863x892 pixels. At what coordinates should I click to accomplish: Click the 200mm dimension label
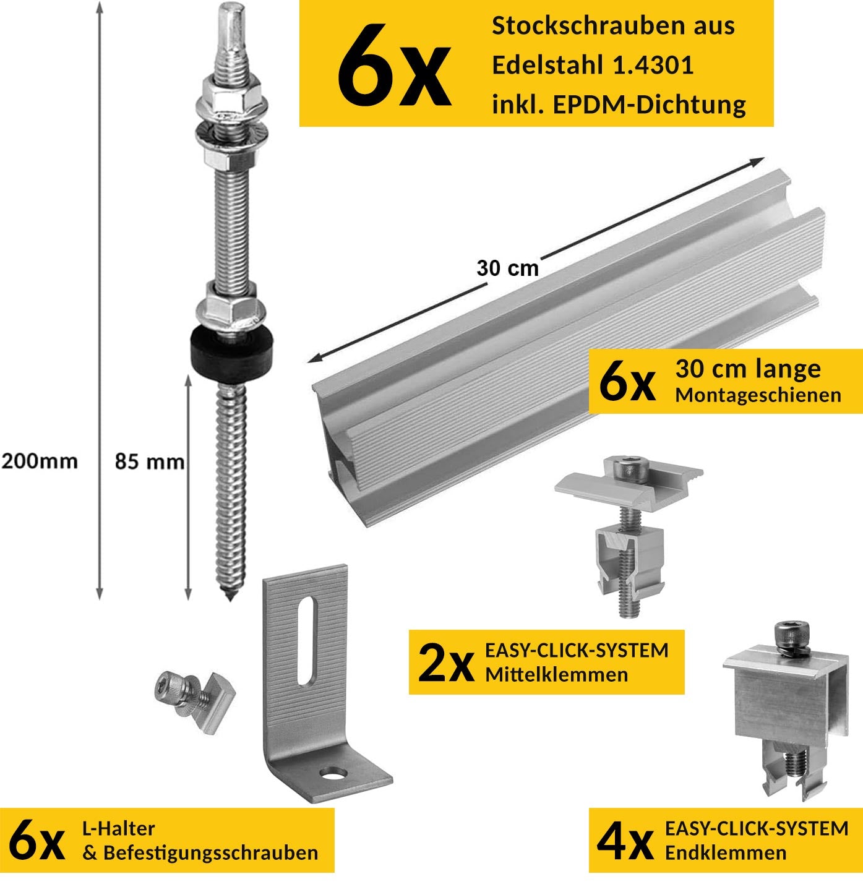pyautogui.click(x=40, y=461)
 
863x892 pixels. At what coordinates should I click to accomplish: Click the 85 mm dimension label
pyautogui.click(x=150, y=461)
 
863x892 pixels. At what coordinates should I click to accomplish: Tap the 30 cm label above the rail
pyautogui.click(x=507, y=268)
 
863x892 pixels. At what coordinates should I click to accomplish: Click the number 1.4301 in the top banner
pyautogui.click(x=653, y=66)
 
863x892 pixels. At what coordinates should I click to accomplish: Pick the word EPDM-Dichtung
pyautogui.click(x=649, y=105)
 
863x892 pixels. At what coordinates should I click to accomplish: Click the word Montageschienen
pyautogui.click(x=758, y=395)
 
